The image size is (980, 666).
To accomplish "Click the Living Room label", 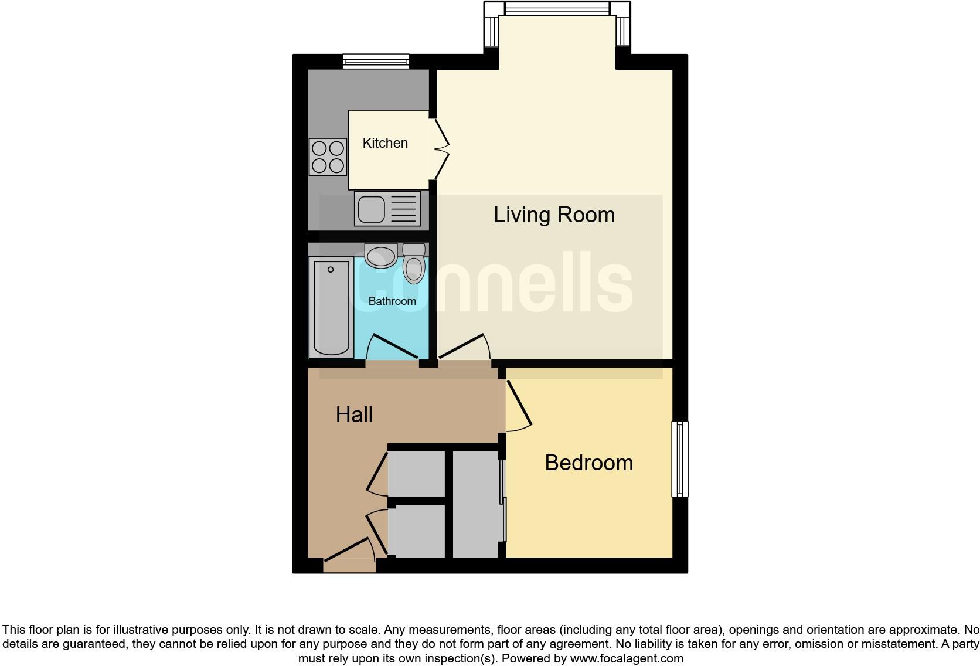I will tap(554, 215).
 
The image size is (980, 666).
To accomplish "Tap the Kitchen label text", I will tap(385, 143).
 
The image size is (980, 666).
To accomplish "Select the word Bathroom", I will tap(392, 301).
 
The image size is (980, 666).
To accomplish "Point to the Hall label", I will tap(354, 415).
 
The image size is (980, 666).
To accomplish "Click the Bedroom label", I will tap(588, 463).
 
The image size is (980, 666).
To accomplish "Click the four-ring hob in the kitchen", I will tap(328, 157).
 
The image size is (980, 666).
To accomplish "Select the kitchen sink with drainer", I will tap(387, 209).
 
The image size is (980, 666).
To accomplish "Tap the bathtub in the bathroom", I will tap(331, 307).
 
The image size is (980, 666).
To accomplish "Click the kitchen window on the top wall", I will tap(376, 60).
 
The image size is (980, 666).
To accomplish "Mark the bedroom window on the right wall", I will tap(679, 459).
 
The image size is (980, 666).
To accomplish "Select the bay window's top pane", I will tap(557, 9).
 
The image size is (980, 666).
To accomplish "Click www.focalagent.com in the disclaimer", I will tap(627, 658).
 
